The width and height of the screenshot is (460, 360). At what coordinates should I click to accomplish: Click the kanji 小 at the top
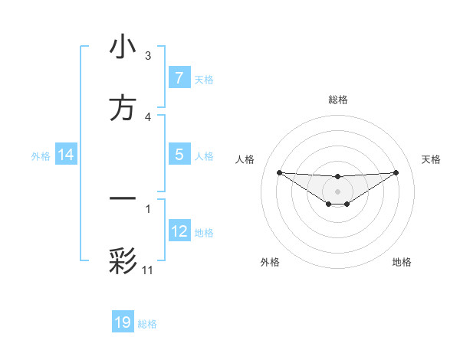pos(123,47)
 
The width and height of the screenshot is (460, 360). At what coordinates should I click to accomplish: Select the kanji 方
pos(123,109)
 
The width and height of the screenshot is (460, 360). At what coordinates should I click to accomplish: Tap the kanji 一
pos(123,198)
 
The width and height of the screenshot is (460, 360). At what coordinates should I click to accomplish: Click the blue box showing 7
pos(179,78)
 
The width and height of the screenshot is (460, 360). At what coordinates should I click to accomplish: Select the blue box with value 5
pos(179,155)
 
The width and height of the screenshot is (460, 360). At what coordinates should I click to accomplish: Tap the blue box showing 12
pos(179,231)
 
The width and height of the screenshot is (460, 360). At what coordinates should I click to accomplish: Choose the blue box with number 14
pos(66,155)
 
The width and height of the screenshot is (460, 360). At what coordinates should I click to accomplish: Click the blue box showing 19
pos(123,322)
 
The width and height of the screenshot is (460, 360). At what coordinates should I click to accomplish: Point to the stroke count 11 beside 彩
pos(148,270)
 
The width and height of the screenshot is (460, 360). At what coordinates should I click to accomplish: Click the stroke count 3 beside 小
pos(148,56)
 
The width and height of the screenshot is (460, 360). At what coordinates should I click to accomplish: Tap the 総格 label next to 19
pos(147,324)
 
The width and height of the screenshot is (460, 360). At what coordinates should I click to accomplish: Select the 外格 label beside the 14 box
pos(41,156)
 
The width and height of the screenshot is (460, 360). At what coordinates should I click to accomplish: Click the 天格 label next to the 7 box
pos(204,79)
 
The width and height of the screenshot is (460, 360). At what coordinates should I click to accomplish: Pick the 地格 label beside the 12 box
pos(204,233)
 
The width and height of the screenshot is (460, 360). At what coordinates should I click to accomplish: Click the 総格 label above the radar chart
pos(337,100)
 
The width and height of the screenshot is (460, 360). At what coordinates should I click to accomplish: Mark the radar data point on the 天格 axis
pos(396,172)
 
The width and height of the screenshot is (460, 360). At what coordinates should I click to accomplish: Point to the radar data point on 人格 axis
pos(279,172)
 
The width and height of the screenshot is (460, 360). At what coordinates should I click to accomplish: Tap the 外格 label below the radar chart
pos(270,263)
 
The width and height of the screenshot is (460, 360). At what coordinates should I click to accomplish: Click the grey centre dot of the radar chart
pos(337,191)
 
